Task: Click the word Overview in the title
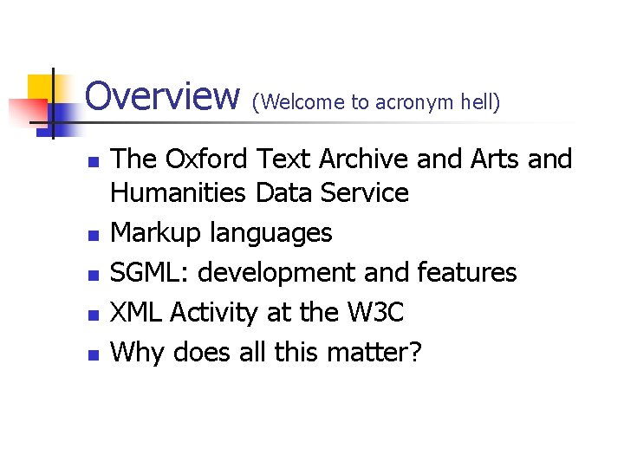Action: (162, 96)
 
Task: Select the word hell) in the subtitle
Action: (481, 102)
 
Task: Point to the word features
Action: (467, 273)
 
